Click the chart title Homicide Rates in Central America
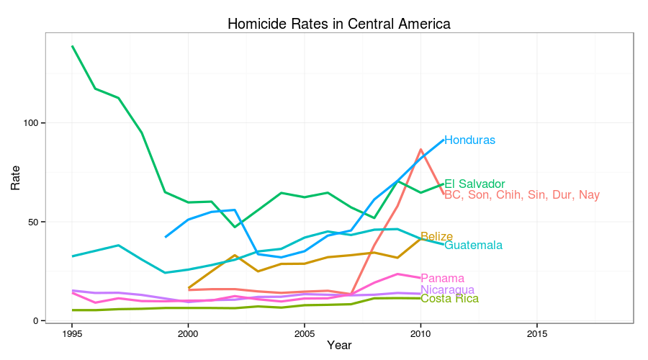click(x=338, y=24)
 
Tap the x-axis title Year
click(x=338, y=346)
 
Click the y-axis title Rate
click(x=15, y=176)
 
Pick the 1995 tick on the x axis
click(x=72, y=333)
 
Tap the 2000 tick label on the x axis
click(x=188, y=333)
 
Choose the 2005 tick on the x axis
click(x=304, y=333)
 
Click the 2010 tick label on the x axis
click(x=420, y=333)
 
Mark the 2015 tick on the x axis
click(x=536, y=333)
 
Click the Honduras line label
click(x=469, y=140)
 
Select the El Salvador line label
click(x=474, y=184)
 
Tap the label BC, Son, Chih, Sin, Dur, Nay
click(x=521, y=195)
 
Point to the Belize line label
click(x=436, y=237)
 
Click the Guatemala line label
click(x=473, y=246)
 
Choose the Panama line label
click(x=442, y=279)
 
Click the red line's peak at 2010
click(x=420, y=150)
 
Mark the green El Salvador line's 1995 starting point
click(x=72, y=46)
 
